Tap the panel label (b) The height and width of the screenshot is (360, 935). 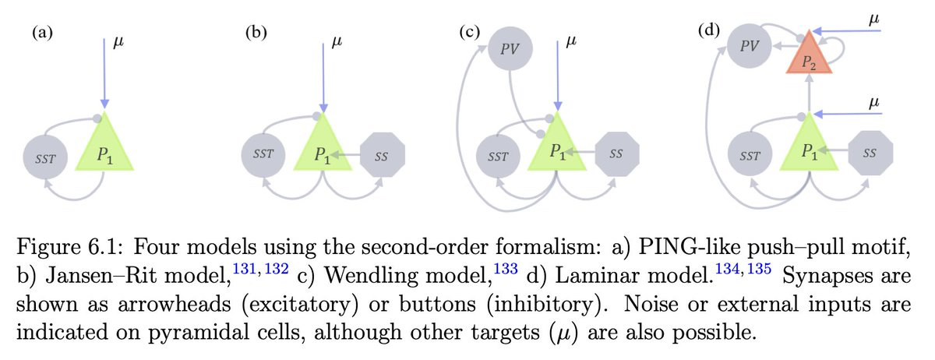[x=253, y=34]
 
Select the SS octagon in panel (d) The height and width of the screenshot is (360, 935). [x=869, y=153]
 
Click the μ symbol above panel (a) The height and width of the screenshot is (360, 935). [x=118, y=40]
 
